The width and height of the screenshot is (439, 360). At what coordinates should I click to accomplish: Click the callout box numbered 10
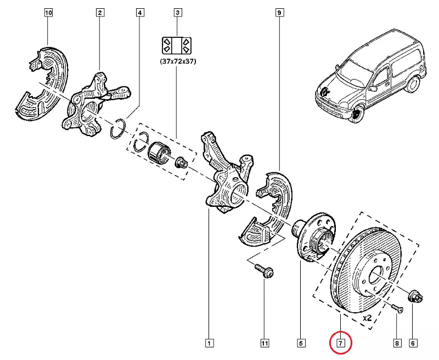48,12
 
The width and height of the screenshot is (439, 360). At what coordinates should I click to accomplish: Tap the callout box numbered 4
140,12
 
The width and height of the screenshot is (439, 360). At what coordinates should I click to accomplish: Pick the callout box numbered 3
177,12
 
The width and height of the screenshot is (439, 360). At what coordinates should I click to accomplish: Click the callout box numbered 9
279,12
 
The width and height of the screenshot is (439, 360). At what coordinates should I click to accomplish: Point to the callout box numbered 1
209,344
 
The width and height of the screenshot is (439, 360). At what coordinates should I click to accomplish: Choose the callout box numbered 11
264,344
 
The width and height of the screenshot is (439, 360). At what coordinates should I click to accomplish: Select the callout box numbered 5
301,344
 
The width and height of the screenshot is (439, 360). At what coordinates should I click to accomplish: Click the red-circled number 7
340,344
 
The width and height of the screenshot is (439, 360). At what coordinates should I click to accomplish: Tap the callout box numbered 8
397,344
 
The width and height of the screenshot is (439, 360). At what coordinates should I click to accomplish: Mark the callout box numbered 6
413,344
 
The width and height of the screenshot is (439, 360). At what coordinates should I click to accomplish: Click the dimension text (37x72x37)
177,62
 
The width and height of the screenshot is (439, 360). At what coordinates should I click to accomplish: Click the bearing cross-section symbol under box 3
177,44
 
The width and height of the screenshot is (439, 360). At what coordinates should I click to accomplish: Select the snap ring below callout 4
117,129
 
